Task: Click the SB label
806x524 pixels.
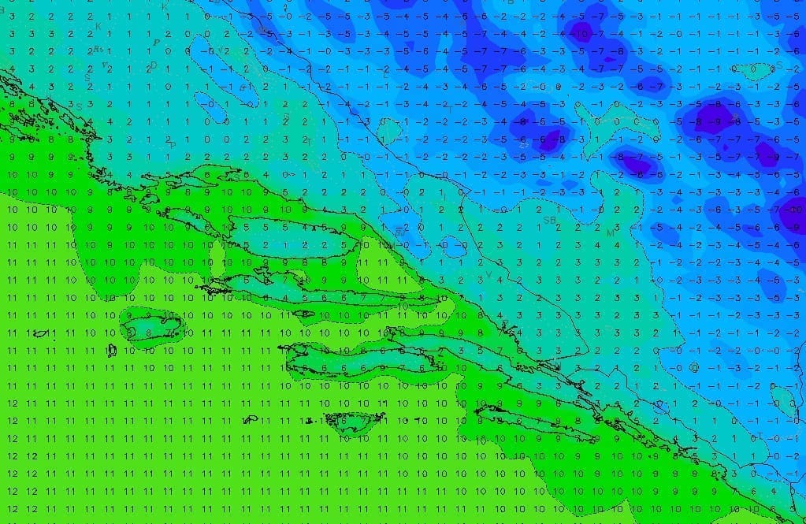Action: coord(549,221)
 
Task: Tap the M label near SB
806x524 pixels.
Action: coord(610,234)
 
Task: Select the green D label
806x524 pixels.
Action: coord(154,65)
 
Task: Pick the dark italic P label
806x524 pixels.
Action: coord(156,43)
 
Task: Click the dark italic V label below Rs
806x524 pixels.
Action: coord(104,65)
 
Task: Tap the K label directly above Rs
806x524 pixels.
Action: coord(98,27)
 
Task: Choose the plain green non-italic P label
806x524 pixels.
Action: coord(173,146)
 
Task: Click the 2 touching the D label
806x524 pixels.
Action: coord(147,69)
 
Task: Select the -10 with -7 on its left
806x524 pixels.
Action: coord(796,209)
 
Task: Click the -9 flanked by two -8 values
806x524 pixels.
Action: coord(715,121)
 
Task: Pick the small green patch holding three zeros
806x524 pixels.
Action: coord(752,69)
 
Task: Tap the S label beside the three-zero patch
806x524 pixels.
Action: coord(779,65)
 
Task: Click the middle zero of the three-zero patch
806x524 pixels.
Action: coord(753,69)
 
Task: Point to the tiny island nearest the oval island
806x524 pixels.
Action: coord(112,350)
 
